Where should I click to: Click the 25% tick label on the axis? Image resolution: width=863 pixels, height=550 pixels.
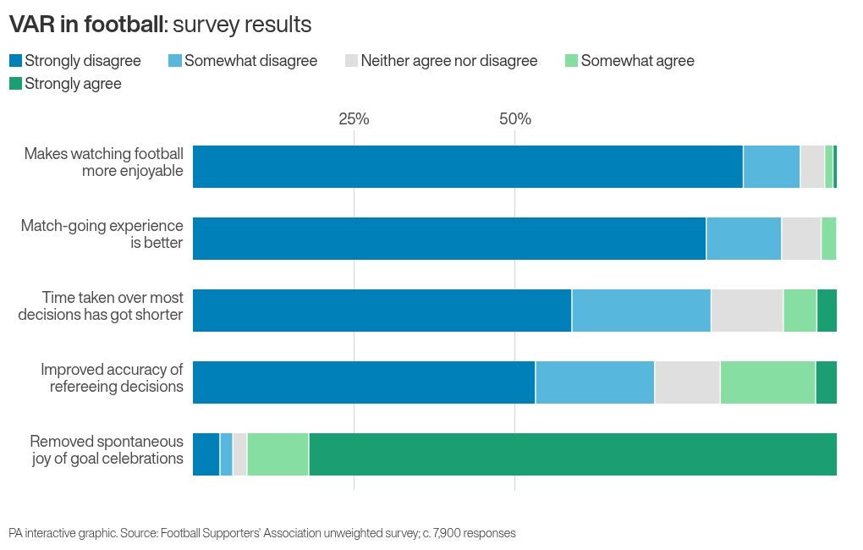click(x=354, y=119)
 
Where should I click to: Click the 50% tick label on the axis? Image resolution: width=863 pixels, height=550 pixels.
click(x=514, y=119)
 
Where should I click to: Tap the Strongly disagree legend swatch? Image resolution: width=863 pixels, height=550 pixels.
click(x=15, y=61)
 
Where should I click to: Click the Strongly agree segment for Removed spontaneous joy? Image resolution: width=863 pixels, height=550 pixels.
click(x=573, y=454)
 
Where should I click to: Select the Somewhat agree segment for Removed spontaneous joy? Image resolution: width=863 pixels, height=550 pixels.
click(x=278, y=454)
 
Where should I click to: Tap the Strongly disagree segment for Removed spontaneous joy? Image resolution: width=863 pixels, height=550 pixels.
click(x=206, y=454)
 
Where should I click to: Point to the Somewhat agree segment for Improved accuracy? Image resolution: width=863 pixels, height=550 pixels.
click(x=767, y=382)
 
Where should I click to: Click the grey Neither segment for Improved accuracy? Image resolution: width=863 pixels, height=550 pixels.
click(x=687, y=382)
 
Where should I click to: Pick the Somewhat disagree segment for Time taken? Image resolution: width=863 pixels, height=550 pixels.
click(x=641, y=311)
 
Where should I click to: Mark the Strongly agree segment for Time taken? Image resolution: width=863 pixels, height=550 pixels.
click(x=827, y=311)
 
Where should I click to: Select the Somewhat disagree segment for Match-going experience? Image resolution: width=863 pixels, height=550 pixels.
click(x=744, y=239)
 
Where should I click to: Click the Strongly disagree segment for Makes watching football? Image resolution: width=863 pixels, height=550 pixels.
click(x=468, y=167)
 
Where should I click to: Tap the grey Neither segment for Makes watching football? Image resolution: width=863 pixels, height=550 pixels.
click(x=812, y=167)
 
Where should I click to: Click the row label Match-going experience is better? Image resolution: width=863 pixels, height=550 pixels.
click(x=102, y=234)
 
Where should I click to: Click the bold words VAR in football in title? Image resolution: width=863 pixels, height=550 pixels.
click(x=85, y=25)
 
